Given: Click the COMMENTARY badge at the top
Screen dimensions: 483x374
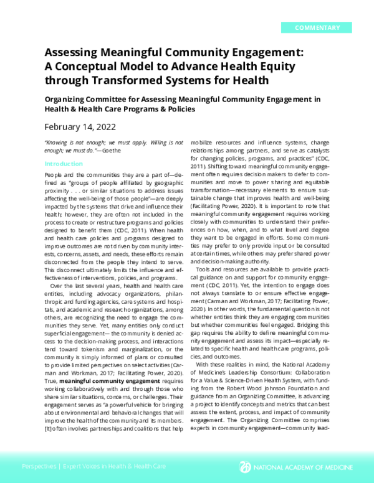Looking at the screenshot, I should pos(316,27).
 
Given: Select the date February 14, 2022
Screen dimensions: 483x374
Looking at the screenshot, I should pos(80,126).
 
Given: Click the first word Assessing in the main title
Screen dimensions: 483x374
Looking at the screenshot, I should pos(73,54).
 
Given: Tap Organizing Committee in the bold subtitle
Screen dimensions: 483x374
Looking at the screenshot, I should pos(85,98).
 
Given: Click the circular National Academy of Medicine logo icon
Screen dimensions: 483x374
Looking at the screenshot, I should pos(246,466).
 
